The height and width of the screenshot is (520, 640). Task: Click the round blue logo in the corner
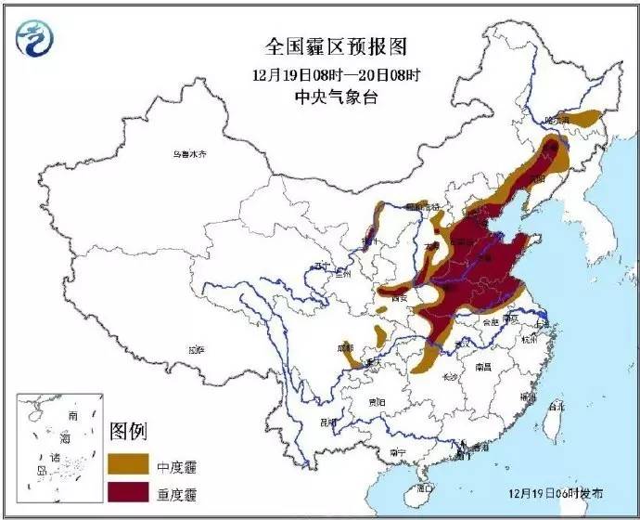(x=34, y=36)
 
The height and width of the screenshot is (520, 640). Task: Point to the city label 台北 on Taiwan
(x=556, y=406)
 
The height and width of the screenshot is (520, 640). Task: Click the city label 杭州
(x=530, y=341)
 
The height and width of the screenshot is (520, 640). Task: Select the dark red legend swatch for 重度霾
(x=130, y=490)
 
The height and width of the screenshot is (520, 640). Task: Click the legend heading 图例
(x=129, y=431)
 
